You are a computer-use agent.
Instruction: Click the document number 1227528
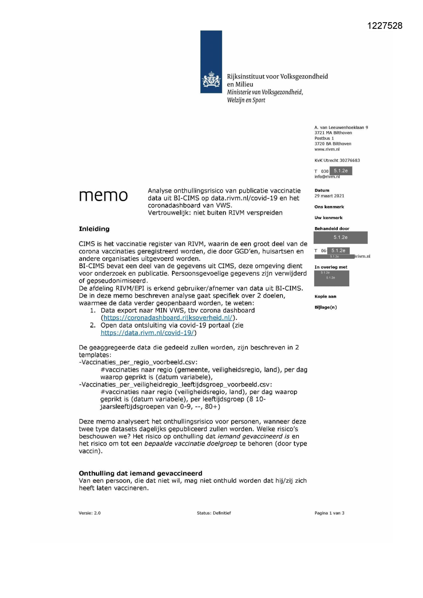click(385, 26)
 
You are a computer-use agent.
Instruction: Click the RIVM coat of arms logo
click(211, 80)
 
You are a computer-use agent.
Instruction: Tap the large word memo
click(103, 196)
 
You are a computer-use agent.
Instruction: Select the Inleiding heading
click(94, 229)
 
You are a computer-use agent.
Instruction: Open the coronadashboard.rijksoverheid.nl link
click(168, 318)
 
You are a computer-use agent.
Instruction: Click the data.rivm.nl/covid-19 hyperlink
click(147, 333)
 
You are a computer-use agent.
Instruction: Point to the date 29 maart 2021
click(329, 196)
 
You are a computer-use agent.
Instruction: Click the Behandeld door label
click(331, 229)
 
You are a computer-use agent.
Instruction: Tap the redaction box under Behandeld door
click(340, 238)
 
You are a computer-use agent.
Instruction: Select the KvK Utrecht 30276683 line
click(337, 160)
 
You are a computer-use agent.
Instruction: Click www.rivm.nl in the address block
click(327, 149)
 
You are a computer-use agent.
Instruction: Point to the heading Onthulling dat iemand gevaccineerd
click(140, 473)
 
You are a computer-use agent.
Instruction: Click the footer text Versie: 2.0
click(90, 513)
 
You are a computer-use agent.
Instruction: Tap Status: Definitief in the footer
click(214, 513)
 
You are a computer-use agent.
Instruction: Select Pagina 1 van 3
click(329, 513)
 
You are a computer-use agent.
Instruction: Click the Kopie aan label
click(325, 297)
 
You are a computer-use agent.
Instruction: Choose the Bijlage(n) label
click(326, 308)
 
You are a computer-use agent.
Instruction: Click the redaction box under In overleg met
click(331, 278)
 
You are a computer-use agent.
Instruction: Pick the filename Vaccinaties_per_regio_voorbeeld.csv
click(139, 362)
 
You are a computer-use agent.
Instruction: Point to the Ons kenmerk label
click(329, 207)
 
